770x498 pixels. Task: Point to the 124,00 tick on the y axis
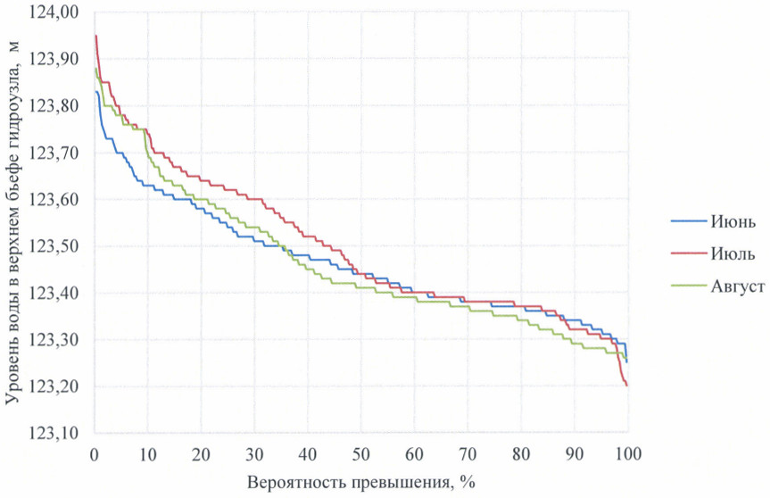[56, 13]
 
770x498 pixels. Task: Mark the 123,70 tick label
[56, 154]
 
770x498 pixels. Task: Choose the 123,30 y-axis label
[56, 340]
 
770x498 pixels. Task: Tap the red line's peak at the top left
[95, 36]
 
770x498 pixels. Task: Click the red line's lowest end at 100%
[627, 385]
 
